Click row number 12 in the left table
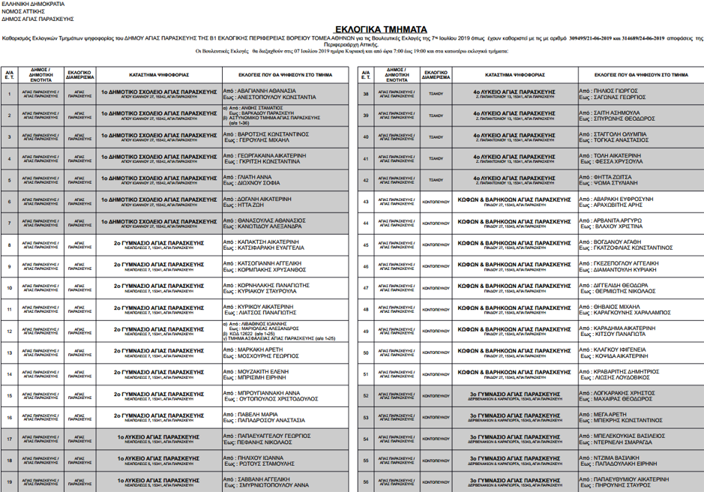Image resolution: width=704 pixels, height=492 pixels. point(9,331)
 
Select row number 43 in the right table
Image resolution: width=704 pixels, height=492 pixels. point(365,202)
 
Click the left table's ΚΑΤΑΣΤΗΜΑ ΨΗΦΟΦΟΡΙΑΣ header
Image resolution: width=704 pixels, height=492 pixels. point(158,76)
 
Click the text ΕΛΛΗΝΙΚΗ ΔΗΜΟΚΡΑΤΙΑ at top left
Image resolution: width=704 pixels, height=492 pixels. point(28,4)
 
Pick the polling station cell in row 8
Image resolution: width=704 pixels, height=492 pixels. point(158,245)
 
